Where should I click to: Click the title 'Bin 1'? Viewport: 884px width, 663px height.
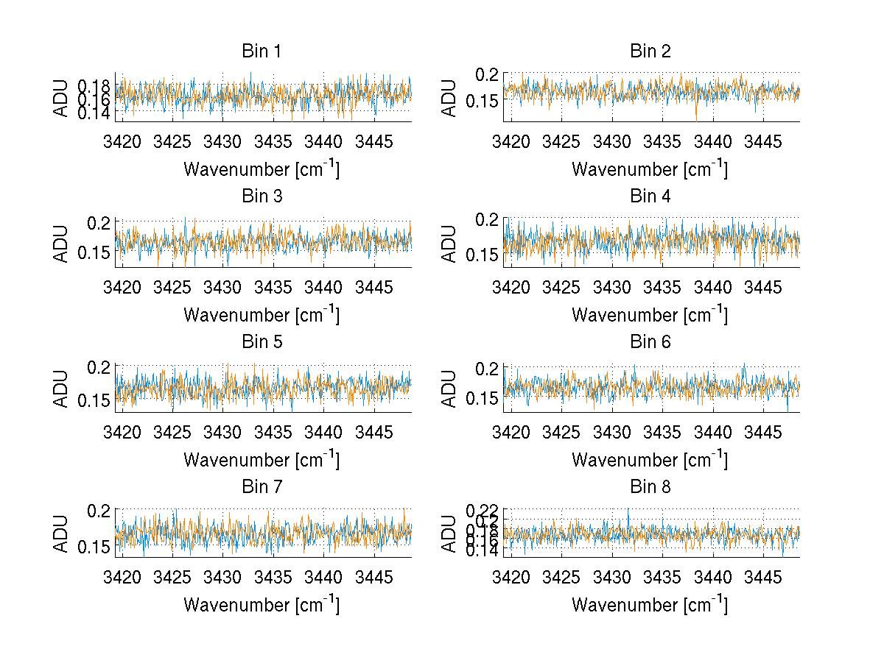[262, 52]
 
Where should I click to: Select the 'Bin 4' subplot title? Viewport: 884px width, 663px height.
[650, 196]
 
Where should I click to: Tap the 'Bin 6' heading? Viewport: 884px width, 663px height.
[650, 341]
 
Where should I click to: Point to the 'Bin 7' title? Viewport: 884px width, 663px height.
[262, 486]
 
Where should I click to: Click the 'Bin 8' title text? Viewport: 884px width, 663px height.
[650, 486]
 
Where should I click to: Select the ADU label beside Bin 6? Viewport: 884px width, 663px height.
[450, 388]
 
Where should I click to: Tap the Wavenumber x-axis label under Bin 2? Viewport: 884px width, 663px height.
[650, 169]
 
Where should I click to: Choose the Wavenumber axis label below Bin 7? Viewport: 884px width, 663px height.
[262, 605]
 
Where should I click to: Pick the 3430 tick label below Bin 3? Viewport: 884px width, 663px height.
[222, 287]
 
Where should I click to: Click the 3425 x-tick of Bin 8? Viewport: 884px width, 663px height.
[561, 577]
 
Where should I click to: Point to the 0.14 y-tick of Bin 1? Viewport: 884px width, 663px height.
[94, 113]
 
